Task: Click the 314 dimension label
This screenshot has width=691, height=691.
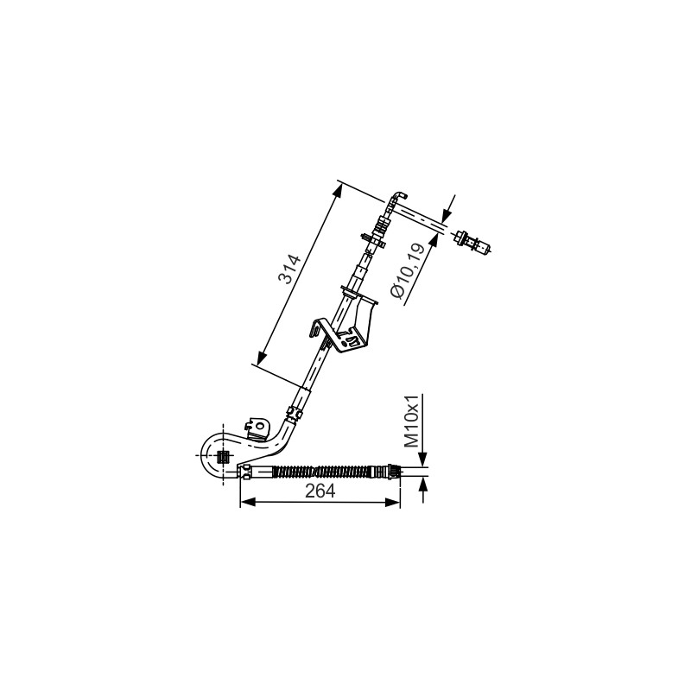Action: click(x=289, y=269)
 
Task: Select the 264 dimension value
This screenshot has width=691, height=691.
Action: click(x=320, y=491)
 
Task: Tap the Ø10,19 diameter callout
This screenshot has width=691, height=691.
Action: click(x=408, y=270)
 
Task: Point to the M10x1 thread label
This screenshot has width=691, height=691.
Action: click(x=412, y=421)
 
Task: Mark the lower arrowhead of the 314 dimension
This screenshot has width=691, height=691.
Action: click(x=262, y=356)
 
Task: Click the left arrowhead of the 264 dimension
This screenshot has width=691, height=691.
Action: click(x=248, y=502)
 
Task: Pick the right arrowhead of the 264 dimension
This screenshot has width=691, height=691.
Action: click(x=392, y=502)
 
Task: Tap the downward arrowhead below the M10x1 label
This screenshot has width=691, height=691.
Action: click(x=422, y=459)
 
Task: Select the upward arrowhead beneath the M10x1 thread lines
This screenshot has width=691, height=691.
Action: click(x=423, y=485)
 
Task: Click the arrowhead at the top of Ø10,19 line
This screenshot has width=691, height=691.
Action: click(x=447, y=213)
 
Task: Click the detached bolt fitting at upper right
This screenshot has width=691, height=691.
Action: click(x=473, y=243)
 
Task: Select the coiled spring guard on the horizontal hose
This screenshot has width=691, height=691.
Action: click(x=320, y=471)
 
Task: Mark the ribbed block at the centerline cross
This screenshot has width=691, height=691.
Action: click(x=224, y=457)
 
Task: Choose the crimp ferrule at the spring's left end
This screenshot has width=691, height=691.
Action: click(x=245, y=471)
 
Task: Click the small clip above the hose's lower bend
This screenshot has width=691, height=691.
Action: click(x=294, y=413)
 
